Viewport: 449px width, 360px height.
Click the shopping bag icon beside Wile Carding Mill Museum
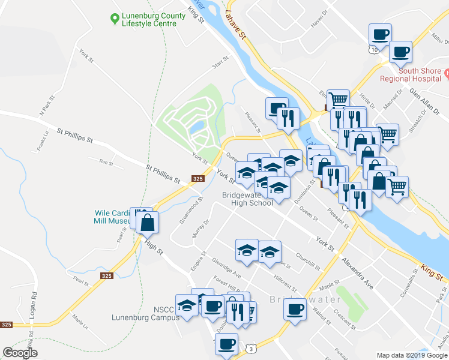coord(147,223)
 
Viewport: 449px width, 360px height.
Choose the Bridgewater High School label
coord(247,199)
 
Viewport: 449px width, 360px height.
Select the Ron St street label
coord(106,162)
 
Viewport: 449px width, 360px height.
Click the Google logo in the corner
coord(20,353)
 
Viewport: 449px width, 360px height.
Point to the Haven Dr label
coord(319,20)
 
